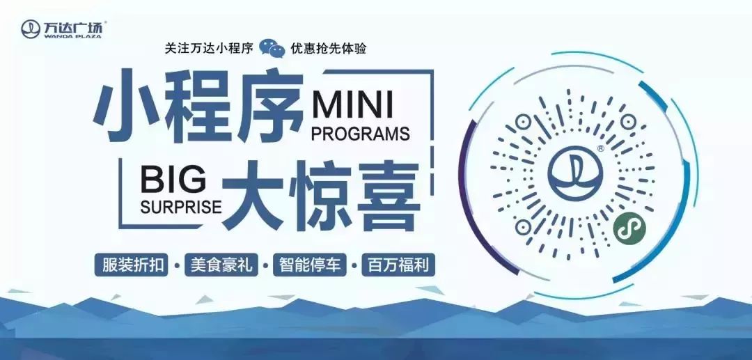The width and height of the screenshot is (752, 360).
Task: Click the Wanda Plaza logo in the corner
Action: point(62,29)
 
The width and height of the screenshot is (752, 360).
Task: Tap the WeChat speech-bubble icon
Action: point(272,48)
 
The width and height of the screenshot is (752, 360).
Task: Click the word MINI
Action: point(352,104)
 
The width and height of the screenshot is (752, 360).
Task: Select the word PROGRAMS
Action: point(361,134)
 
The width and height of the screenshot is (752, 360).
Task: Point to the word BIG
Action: point(173,181)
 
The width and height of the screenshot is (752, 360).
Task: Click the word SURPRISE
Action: point(181,206)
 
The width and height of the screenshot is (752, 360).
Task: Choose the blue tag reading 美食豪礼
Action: point(221,265)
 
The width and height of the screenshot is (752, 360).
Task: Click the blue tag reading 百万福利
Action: point(398,265)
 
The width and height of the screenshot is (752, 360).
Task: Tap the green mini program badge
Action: point(629,228)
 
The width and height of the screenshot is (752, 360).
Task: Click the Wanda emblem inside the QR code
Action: point(575,173)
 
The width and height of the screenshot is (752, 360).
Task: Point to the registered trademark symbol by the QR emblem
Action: point(601,149)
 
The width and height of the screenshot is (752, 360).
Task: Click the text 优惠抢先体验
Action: point(329,49)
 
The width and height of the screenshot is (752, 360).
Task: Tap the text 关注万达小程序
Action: point(209,49)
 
